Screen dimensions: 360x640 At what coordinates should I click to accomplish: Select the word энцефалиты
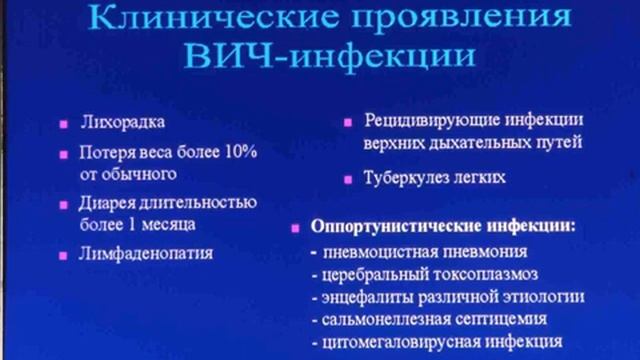click(371, 297)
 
